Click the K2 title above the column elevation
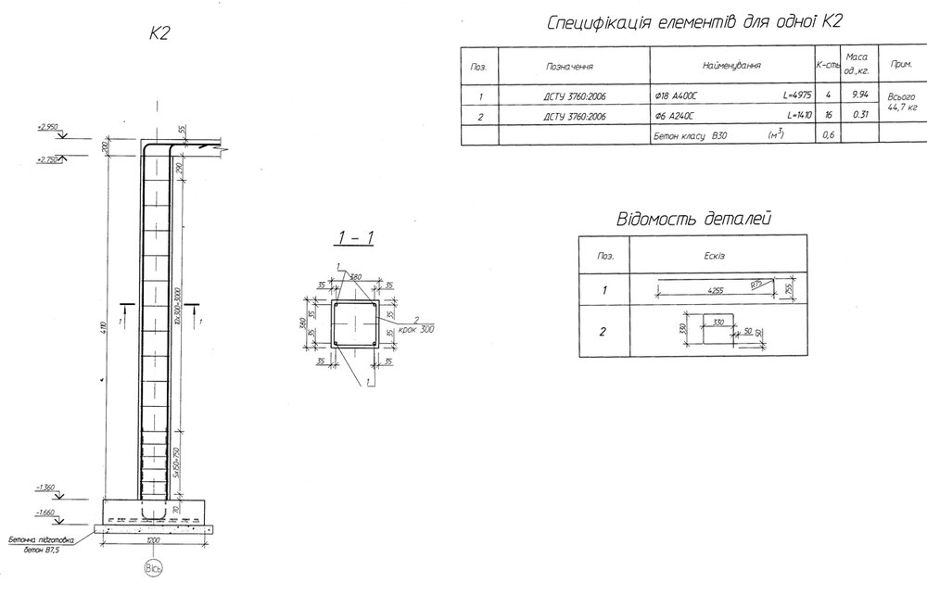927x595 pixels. coord(159,34)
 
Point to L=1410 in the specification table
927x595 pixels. coord(798,116)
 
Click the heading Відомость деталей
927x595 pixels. coord(694,220)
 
